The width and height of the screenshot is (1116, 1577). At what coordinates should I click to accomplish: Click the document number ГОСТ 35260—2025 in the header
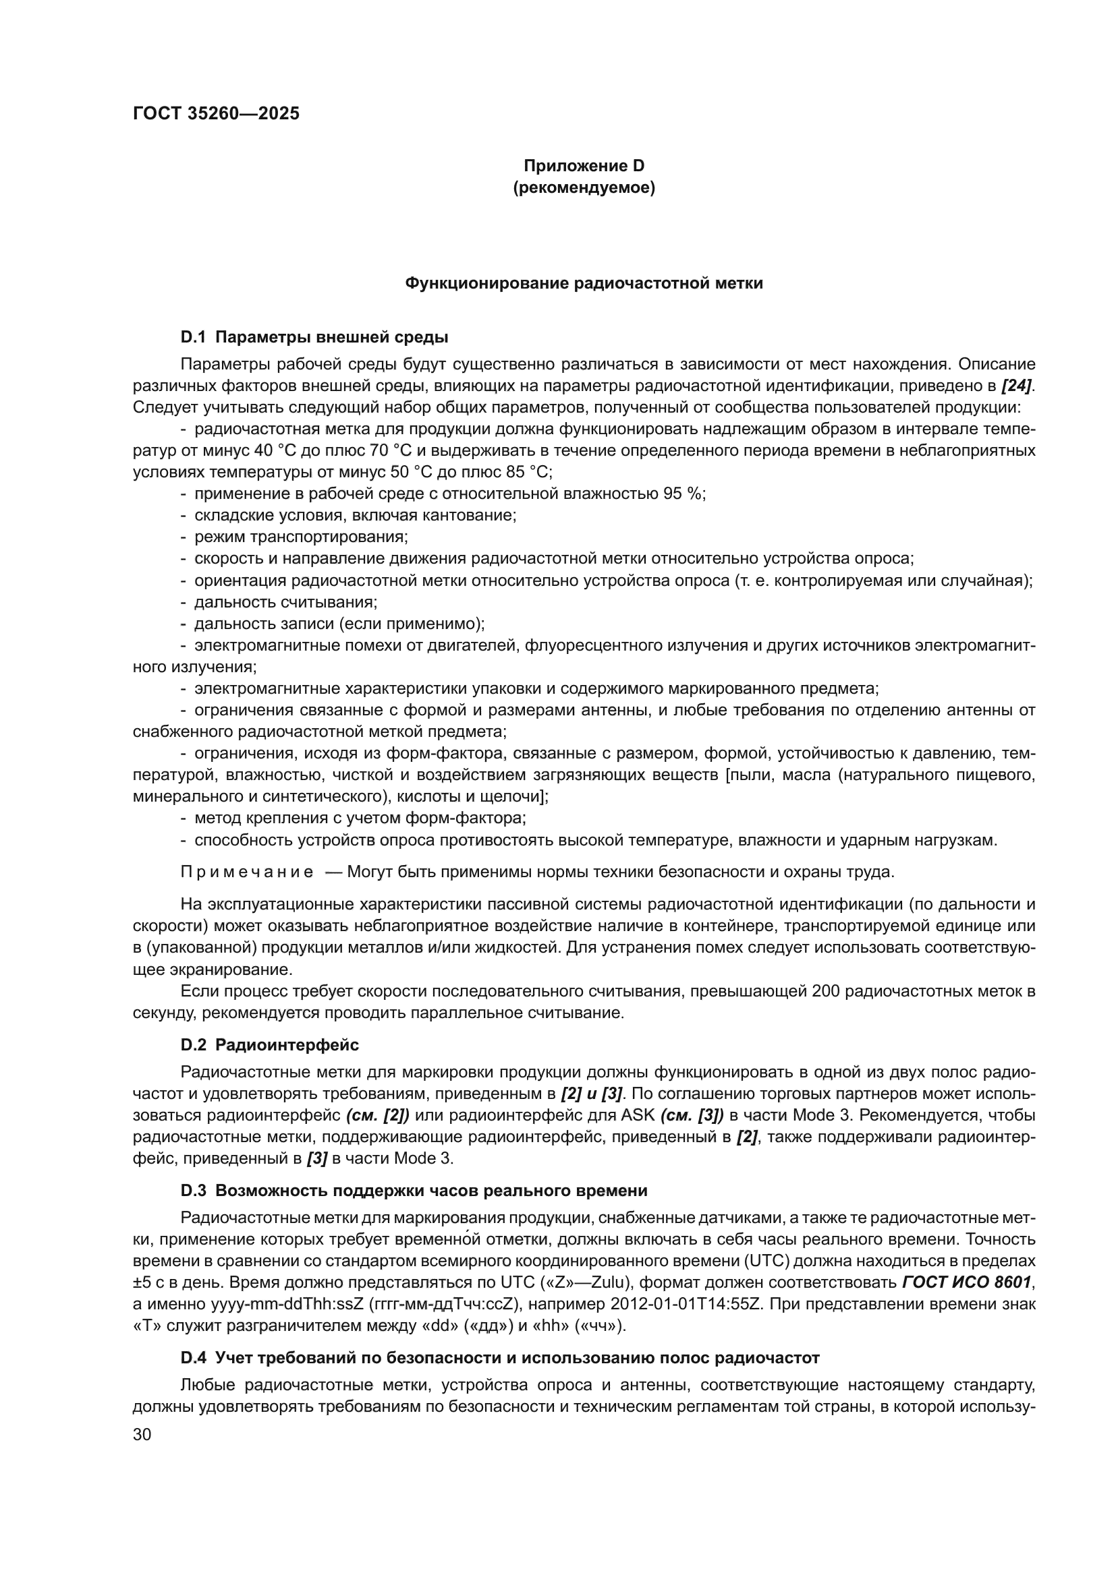216,113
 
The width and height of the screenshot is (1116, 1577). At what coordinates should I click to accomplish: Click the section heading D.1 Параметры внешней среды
314,337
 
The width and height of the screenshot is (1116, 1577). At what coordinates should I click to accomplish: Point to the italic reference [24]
1016,386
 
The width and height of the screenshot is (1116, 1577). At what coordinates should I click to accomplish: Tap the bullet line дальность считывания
286,602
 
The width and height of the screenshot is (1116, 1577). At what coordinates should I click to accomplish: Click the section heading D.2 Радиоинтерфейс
269,1046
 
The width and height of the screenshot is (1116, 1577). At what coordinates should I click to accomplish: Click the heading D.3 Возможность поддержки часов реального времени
414,1190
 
